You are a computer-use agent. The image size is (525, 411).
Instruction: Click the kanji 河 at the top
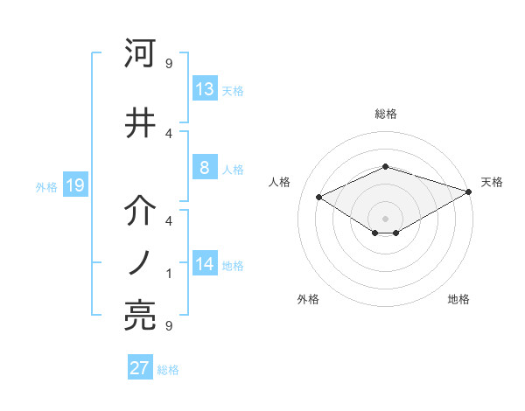point(140,54)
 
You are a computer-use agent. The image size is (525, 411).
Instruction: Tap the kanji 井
point(140,122)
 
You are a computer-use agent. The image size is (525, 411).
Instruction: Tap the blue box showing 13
point(204,89)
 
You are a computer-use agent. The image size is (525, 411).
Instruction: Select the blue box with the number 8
point(204,168)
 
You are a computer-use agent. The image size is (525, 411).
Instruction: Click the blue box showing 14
point(204,264)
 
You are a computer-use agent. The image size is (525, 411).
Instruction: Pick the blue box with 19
point(74,185)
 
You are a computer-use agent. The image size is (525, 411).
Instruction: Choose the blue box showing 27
point(140,368)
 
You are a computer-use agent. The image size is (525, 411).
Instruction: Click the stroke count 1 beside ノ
point(169,274)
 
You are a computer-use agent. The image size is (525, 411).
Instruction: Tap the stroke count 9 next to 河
point(169,63)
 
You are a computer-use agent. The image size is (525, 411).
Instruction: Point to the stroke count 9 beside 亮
point(169,326)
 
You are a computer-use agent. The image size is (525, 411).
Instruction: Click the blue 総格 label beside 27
point(168,369)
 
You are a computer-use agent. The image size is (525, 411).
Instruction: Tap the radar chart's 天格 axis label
point(492,182)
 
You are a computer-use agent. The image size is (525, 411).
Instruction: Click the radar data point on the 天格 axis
point(468,192)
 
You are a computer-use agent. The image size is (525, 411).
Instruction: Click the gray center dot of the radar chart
point(385,217)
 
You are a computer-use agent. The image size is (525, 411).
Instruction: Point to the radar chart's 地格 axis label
point(458,299)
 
